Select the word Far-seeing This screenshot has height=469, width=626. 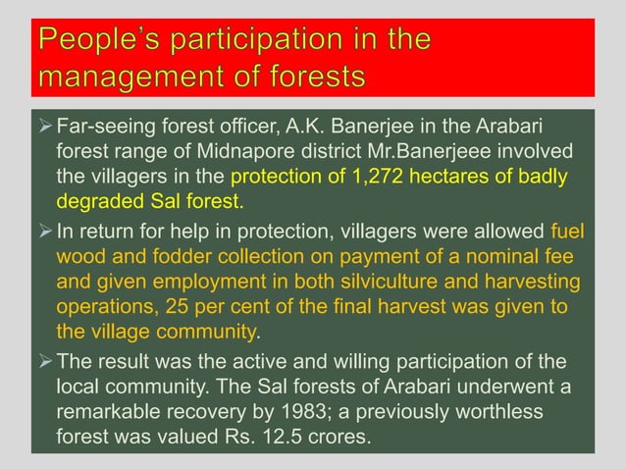pyautogui.click(x=106, y=127)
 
